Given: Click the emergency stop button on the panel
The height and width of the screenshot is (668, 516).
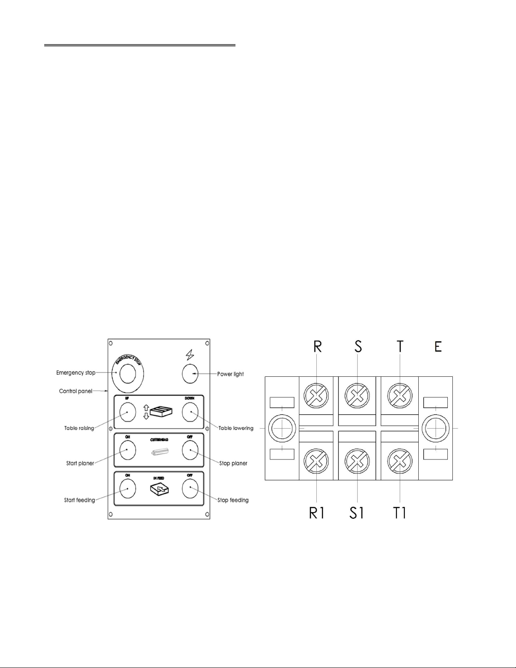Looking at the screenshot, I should (x=128, y=373).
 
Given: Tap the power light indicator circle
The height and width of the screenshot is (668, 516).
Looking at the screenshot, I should (x=190, y=374).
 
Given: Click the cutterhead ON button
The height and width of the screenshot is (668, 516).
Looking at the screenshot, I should (x=127, y=450).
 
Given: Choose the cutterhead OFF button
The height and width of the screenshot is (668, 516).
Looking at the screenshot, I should (x=190, y=450).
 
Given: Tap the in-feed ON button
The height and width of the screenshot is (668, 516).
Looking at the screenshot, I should (x=127, y=489).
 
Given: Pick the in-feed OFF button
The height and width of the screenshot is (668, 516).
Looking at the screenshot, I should (x=190, y=489).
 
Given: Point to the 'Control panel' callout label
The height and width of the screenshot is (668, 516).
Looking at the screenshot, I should (x=75, y=391).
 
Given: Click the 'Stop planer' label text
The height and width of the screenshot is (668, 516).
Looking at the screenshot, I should (x=233, y=463).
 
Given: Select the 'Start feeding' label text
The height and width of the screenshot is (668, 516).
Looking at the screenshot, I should (x=79, y=500).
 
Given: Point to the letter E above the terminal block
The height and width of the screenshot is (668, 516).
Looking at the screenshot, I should (x=438, y=346).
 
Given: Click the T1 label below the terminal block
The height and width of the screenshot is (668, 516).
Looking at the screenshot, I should (x=399, y=513).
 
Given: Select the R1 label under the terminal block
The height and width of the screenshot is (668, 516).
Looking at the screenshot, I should (x=316, y=513).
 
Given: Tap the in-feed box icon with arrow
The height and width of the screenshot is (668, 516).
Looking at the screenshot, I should (x=159, y=489).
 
